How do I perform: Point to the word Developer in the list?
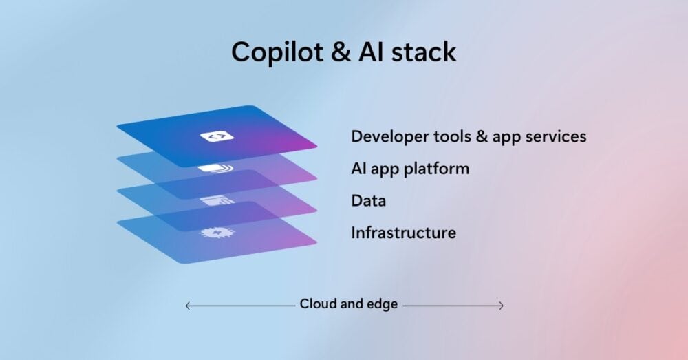[x=386, y=136]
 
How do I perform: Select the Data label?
[x=368, y=201]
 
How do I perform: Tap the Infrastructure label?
[x=403, y=233]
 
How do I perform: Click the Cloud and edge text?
[x=348, y=304]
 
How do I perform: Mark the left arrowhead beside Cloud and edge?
[x=187, y=305]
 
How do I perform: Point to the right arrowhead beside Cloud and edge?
[x=502, y=305]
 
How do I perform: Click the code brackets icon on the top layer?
[x=217, y=136]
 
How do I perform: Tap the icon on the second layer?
[x=216, y=168]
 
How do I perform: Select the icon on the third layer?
[x=217, y=200]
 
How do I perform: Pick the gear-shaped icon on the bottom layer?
[x=217, y=233]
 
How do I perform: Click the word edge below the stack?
[x=382, y=304]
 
